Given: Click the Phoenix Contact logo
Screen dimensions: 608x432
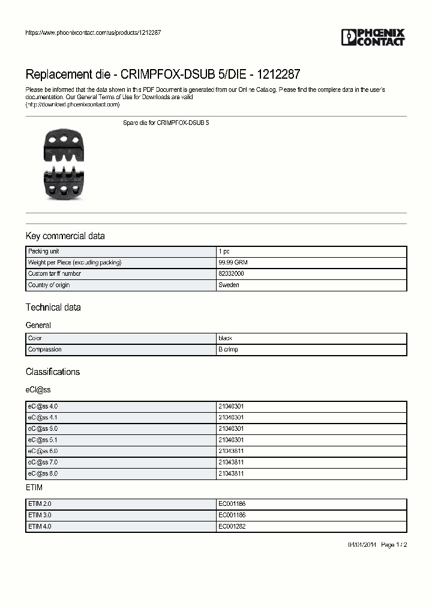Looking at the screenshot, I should point(373,37).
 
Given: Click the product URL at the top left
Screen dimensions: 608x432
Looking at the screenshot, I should point(92,32).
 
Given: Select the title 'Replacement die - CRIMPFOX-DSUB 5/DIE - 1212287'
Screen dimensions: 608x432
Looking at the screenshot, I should point(163,75).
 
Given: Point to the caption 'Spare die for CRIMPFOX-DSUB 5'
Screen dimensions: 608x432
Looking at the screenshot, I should point(166,123).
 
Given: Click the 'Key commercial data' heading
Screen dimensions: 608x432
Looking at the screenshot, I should point(65,236).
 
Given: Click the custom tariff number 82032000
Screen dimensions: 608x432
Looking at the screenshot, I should point(231,274).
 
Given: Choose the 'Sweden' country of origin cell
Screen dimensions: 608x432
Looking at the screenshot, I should point(229,285).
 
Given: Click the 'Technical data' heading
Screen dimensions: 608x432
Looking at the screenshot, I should point(53,308).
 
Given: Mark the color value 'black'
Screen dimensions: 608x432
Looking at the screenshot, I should point(225,338).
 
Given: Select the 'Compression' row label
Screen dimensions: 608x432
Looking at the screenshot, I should point(45,350).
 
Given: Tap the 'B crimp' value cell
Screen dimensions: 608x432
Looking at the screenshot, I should point(228,350).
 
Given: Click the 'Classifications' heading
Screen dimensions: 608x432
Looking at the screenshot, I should point(52,372).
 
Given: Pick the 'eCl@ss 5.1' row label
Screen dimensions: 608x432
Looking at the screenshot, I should point(43,440).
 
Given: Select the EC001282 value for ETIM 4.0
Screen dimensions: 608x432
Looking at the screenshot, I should point(232,526).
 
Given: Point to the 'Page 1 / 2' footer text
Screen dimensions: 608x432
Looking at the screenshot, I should point(394,545).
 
